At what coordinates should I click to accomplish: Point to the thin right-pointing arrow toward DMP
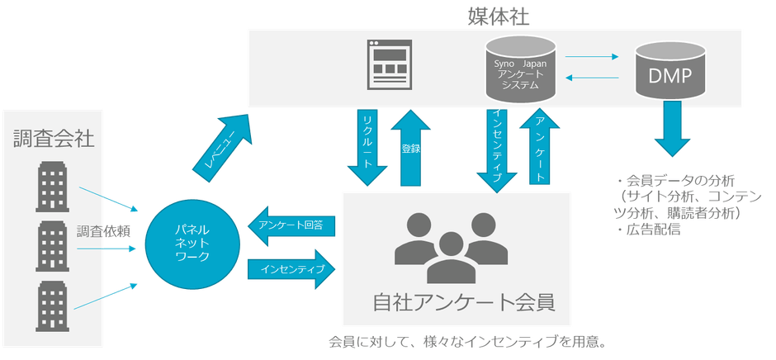592,57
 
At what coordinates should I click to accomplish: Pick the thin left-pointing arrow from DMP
592,78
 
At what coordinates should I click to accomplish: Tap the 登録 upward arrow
409,149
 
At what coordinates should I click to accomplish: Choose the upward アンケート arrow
537,149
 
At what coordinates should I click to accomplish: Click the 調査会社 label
54,139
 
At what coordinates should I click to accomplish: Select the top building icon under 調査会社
53,184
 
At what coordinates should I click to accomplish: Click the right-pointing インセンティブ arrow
293,269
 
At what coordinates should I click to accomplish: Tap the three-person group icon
449,248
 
